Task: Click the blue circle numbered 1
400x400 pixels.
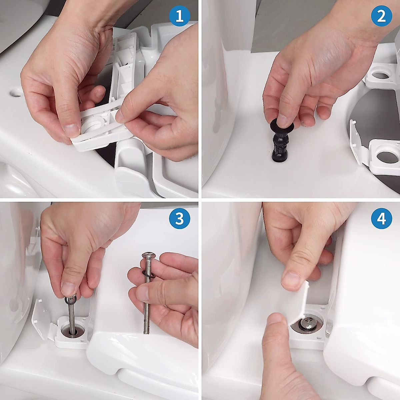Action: point(180,17)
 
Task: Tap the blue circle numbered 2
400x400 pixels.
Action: point(382,17)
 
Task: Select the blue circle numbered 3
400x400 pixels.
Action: point(180,219)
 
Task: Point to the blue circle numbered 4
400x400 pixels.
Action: point(382,219)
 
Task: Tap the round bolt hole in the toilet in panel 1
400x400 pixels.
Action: point(17,93)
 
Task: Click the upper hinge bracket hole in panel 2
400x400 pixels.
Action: point(380,75)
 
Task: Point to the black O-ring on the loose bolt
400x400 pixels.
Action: point(148,275)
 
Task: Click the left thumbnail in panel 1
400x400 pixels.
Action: point(71,130)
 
